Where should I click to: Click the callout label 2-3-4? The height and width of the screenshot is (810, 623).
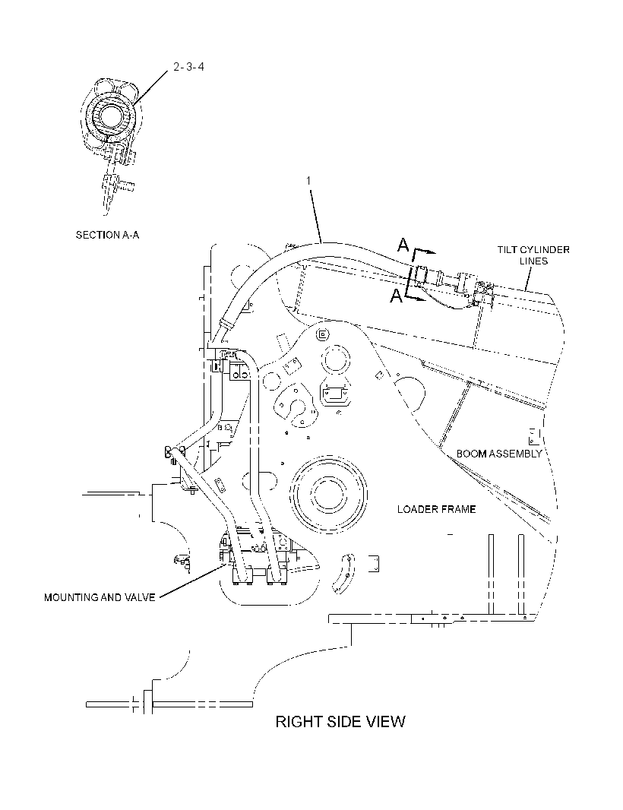pyautogui.click(x=188, y=67)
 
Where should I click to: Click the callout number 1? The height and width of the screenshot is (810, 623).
pyautogui.click(x=309, y=180)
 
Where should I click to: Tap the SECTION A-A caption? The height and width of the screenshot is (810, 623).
pyautogui.click(x=107, y=235)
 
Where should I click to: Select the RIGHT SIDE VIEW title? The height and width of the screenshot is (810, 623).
pyautogui.click(x=340, y=721)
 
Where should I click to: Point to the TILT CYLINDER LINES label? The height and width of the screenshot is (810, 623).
pyautogui.click(x=533, y=255)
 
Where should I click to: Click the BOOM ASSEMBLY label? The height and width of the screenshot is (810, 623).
pyautogui.click(x=499, y=454)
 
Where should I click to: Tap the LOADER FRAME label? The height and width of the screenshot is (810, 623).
pyautogui.click(x=437, y=509)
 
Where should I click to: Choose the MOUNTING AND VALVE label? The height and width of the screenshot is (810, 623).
pyautogui.click(x=100, y=598)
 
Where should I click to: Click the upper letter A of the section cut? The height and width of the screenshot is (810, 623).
pyautogui.click(x=403, y=245)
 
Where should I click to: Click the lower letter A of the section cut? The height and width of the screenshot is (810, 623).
pyautogui.click(x=396, y=296)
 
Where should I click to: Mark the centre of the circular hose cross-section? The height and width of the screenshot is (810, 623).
pyautogui.click(x=109, y=115)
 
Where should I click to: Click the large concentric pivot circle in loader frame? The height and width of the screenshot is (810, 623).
pyautogui.click(x=328, y=492)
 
